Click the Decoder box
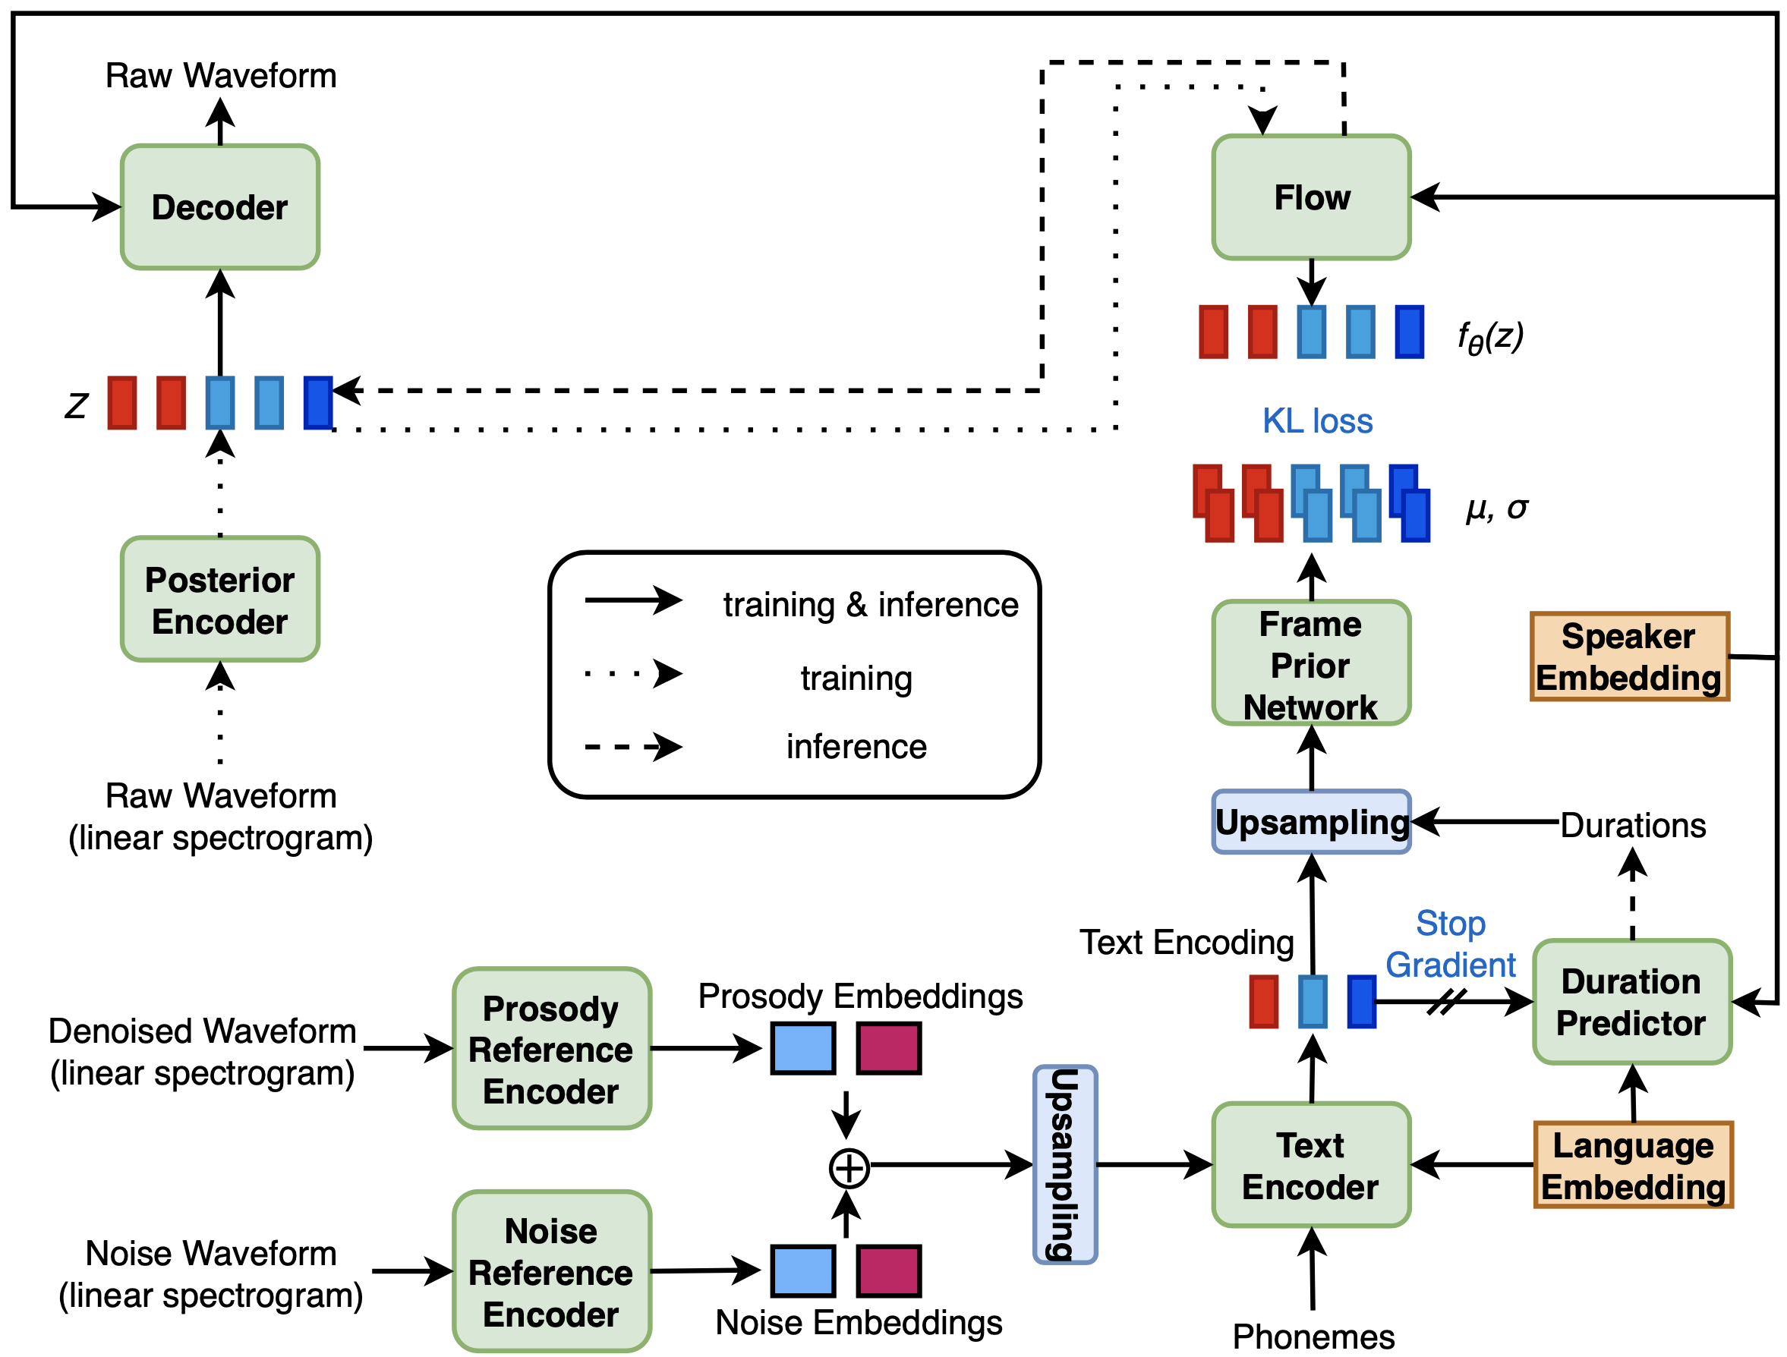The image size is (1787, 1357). [x=219, y=206]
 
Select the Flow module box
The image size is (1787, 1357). [x=1310, y=197]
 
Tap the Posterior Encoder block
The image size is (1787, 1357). [x=219, y=600]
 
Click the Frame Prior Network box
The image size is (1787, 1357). [x=1310, y=663]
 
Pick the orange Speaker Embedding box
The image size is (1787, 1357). [x=1628, y=656]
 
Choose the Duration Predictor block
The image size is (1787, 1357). [x=1631, y=1002]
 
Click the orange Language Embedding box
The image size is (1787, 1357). [x=1633, y=1166]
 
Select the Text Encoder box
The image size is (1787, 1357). [x=1310, y=1166]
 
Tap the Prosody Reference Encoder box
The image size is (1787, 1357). [x=551, y=1048]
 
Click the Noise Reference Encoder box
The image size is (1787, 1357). [x=551, y=1271]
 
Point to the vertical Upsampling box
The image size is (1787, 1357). [x=1065, y=1165]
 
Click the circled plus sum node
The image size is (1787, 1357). [x=848, y=1168]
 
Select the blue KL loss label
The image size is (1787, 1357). [x=1317, y=420]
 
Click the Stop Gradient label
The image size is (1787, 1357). [x=1450, y=943]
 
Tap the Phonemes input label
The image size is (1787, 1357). [x=1313, y=1337]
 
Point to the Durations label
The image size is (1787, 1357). [x=1633, y=826]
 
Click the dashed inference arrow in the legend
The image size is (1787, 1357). [x=633, y=747]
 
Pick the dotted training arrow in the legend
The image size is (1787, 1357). [x=633, y=673]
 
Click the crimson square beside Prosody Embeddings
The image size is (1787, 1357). [x=889, y=1048]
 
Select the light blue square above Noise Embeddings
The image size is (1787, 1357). [x=803, y=1270]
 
